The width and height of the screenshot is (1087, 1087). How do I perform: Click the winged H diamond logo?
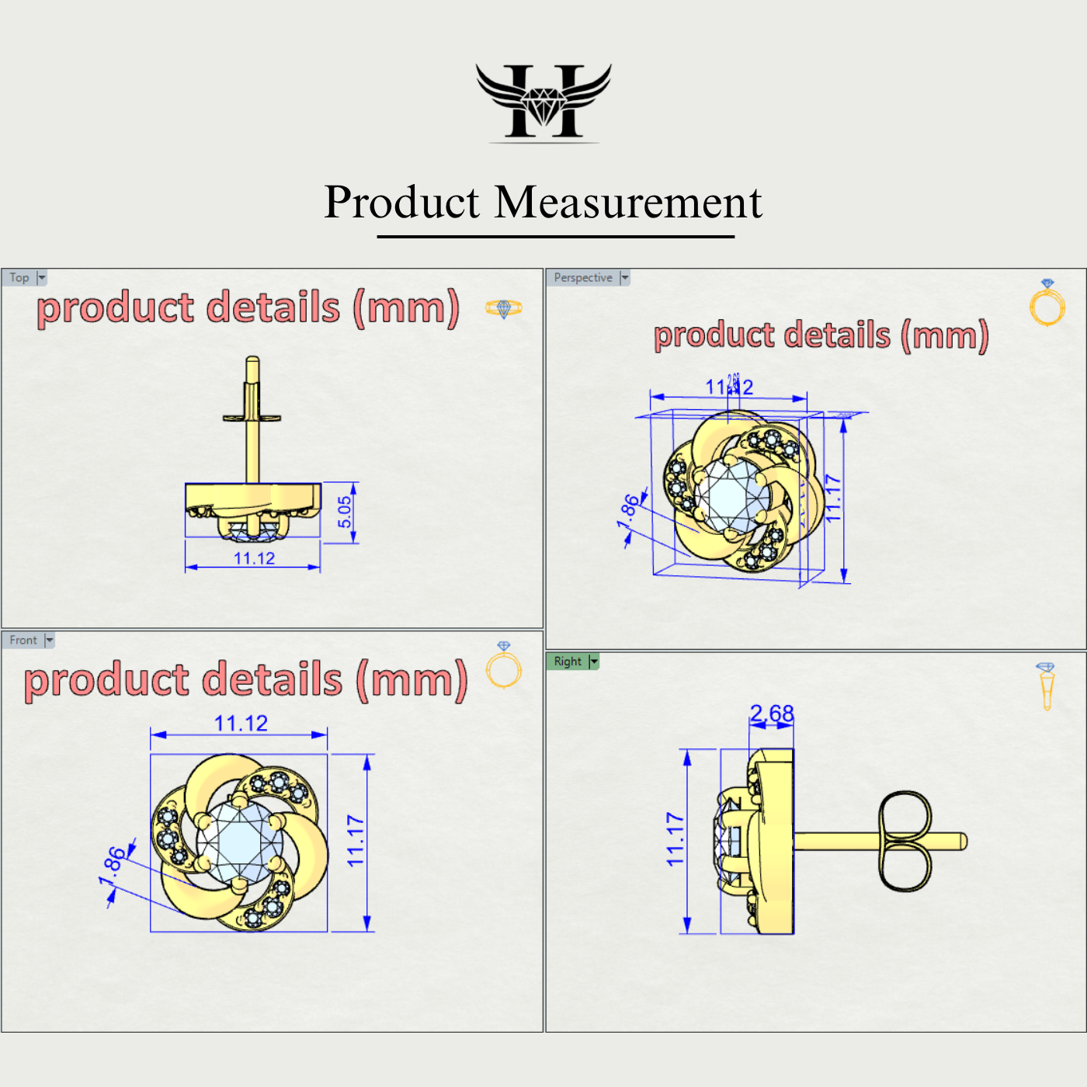pyautogui.click(x=543, y=102)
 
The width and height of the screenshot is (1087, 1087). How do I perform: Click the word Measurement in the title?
pyautogui.click(x=628, y=203)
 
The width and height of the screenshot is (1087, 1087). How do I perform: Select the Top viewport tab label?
pyautogui.click(x=19, y=278)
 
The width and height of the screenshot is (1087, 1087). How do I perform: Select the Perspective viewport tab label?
pyautogui.click(x=583, y=278)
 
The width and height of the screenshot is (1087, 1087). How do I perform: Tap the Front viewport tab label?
pyautogui.click(x=23, y=641)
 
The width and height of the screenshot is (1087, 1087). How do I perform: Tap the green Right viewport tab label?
pyautogui.click(x=568, y=662)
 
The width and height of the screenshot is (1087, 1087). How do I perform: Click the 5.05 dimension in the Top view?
pyautogui.click(x=345, y=512)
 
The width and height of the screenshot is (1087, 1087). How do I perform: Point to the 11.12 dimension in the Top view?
pyautogui.click(x=254, y=558)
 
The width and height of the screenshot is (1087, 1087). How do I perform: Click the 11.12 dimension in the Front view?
pyautogui.click(x=241, y=724)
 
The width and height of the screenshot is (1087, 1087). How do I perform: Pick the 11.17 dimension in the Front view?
pyautogui.click(x=356, y=841)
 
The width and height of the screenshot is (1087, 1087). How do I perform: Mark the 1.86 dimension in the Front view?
pyautogui.click(x=113, y=865)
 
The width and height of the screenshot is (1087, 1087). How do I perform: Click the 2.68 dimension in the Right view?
pyautogui.click(x=772, y=713)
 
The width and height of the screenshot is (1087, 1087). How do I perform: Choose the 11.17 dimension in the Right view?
pyautogui.click(x=675, y=839)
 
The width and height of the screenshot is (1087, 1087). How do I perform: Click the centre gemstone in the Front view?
pyautogui.click(x=239, y=843)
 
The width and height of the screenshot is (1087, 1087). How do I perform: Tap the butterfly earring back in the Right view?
pyautogui.click(x=905, y=841)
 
